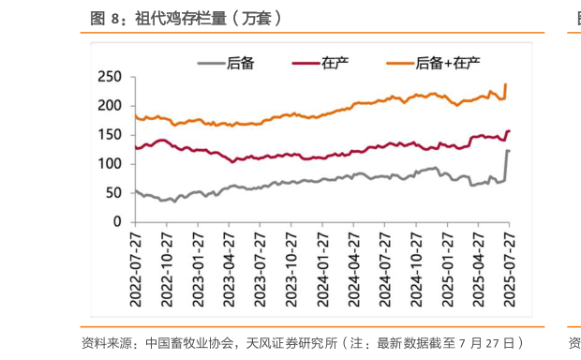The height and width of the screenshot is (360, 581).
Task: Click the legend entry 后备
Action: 241,63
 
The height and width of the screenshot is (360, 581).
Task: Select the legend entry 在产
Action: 335,63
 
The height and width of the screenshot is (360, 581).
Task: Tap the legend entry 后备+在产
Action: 448,63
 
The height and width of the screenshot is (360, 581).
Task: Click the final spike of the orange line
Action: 506,85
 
